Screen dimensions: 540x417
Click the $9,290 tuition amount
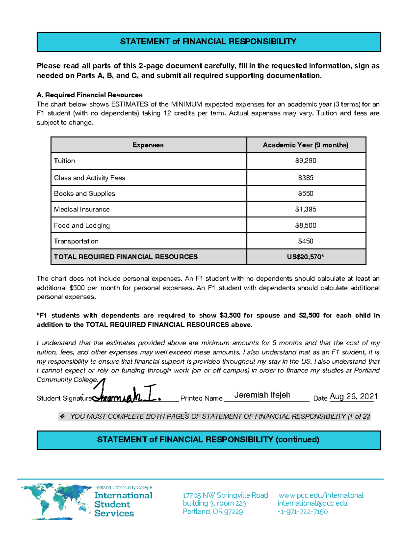click(x=305, y=161)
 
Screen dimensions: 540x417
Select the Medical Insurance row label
click(x=82, y=209)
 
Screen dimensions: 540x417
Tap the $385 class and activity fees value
click(x=305, y=178)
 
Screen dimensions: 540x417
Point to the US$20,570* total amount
click(x=305, y=257)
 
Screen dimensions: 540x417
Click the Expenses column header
click(x=148, y=145)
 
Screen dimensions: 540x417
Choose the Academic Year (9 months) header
click(x=305, y=145)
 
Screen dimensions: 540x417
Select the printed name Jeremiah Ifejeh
click(x=262, y=395)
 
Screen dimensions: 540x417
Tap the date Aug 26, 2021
click(x=353, y=396)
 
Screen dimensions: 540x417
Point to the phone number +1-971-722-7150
click(x=302, y=512)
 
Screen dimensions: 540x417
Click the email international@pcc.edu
click(x=312, y=503)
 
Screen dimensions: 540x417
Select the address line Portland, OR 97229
click(x=213, y=512)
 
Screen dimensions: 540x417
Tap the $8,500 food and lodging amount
click(x=305, y=225)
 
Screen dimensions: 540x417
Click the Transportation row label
click(x=76, y=241)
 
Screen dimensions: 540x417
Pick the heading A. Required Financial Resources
click(x=90, y=95)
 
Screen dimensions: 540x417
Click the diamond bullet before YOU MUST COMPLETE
click(x=63, y=416)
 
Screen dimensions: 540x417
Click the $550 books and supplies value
click(x=305, y=194)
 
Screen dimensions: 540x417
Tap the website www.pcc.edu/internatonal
click(x=321, y=495)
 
